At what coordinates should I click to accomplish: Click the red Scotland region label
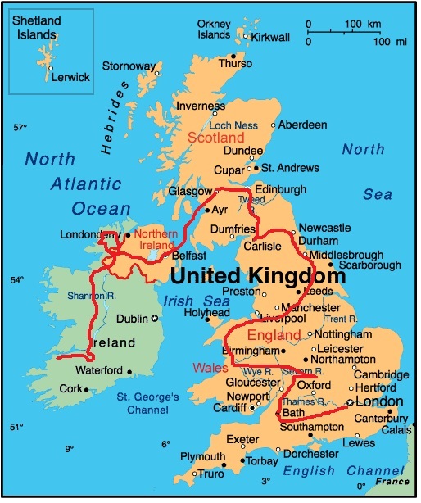[216, 138]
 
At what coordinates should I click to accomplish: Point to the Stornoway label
[127, 66]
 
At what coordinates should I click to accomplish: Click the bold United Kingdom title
[256, 276]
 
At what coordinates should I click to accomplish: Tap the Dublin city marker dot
[156, 318]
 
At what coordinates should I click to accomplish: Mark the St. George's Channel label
[147, 404]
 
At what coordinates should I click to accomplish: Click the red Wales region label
[210, 368]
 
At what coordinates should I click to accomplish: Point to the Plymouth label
[202, 456]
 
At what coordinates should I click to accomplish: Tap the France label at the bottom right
[392, 482]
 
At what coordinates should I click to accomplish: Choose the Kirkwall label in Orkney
[270, 38]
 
